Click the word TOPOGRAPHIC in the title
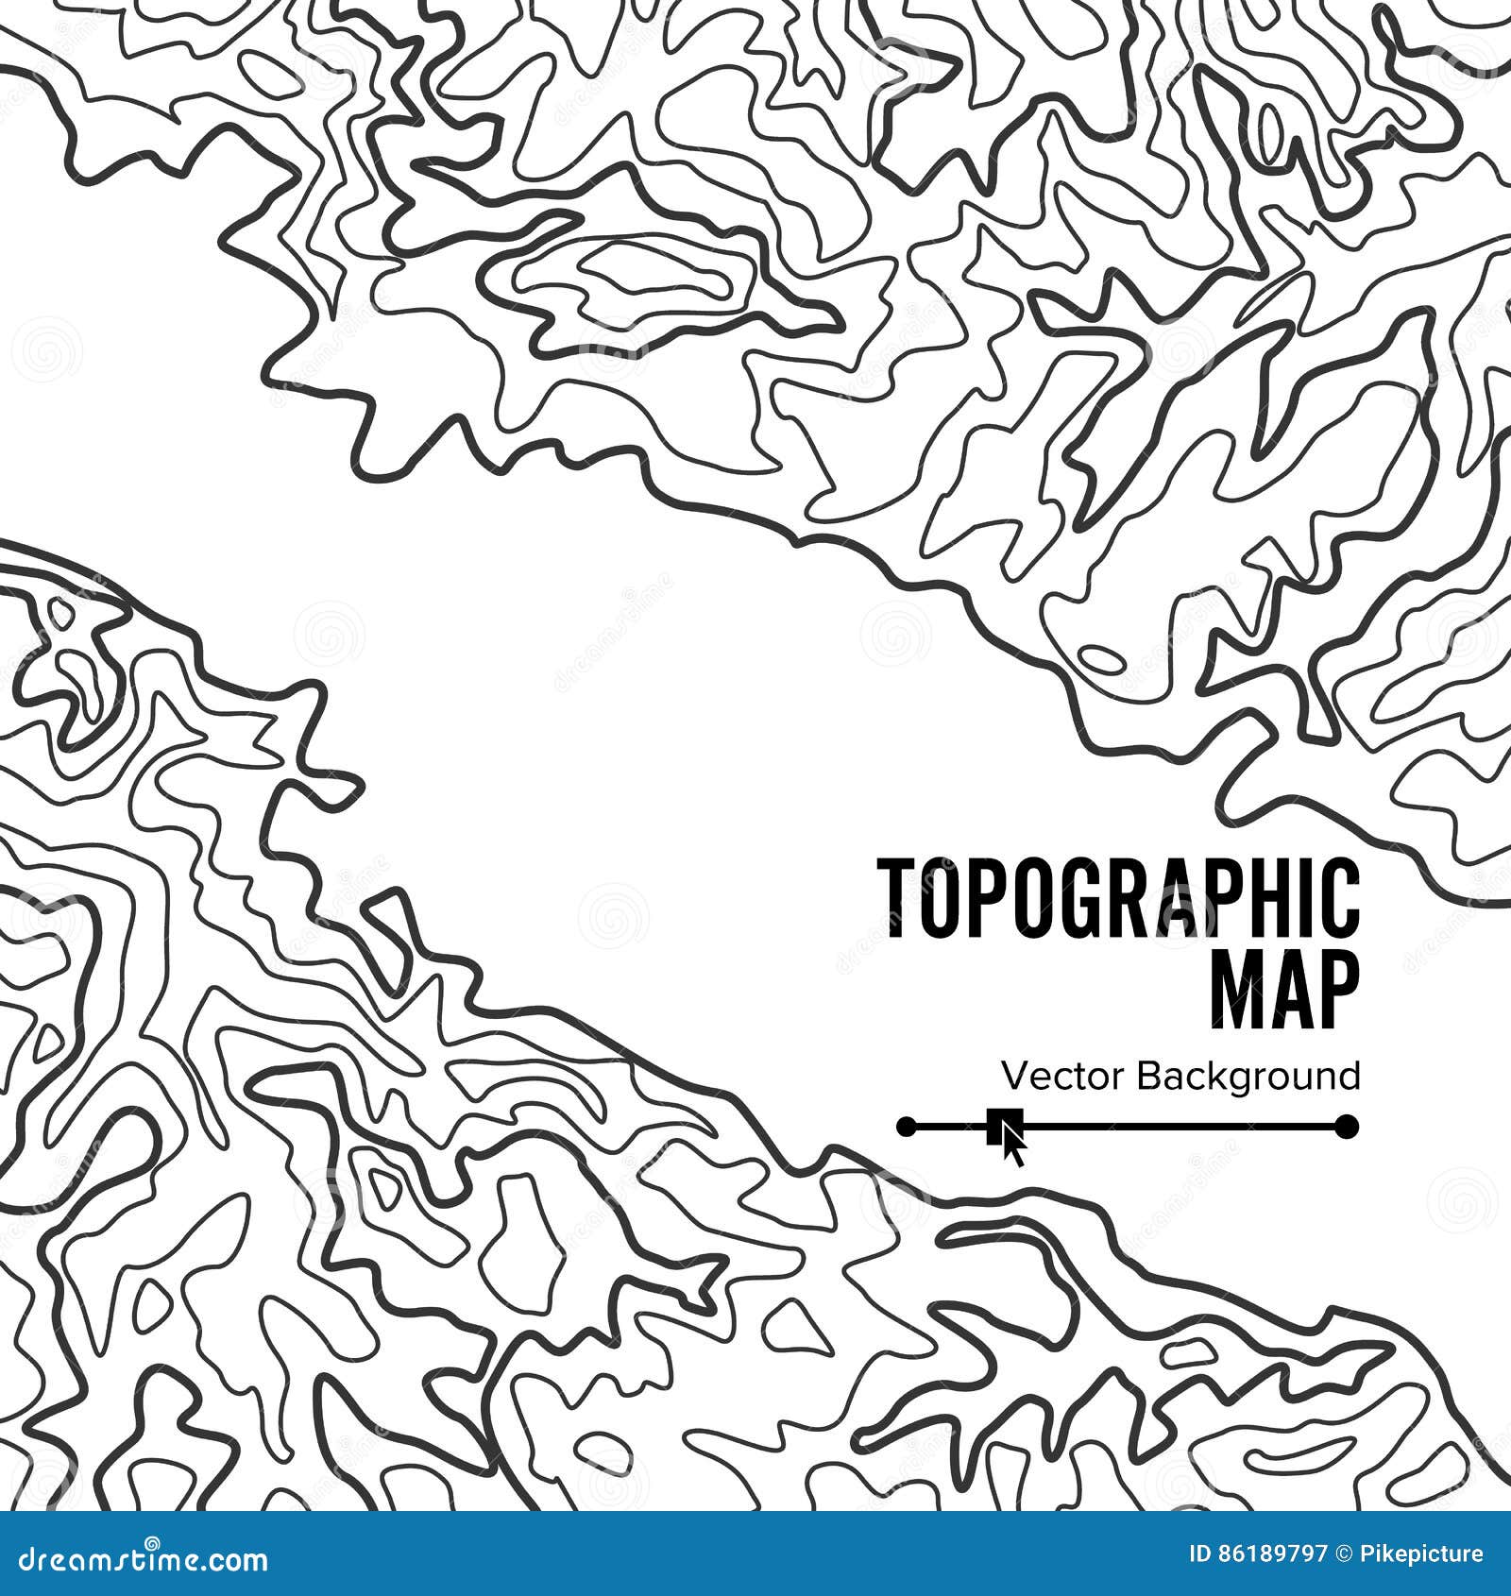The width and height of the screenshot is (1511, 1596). pyautogui.click(x=1119, y=898)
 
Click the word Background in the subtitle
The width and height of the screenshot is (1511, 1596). pyautogui.click(x=1248, y=1077)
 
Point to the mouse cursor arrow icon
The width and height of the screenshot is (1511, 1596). pyautogui.click(x=1012, y=1138)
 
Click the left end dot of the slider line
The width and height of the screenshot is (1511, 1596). pyautogui.click(x=907, y=1126)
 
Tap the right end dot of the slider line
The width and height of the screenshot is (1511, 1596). pyautogui.click(x=1348, y=1126)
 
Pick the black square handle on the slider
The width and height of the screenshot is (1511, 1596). pyautogui.click(x=995, y=1126)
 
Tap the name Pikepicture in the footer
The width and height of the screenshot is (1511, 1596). pyautogui.click(x=1428, y=1554)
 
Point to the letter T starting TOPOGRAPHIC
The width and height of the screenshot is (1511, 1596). pyautogui.click(x=896, y=898)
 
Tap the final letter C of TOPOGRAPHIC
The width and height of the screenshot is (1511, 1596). pyautogui.click(x=1342, y=898)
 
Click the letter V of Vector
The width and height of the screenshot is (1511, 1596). pyautogui.click(x=1013, y=1076)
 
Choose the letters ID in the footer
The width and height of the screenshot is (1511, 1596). pyautogui.click(x=1202, y=1554)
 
